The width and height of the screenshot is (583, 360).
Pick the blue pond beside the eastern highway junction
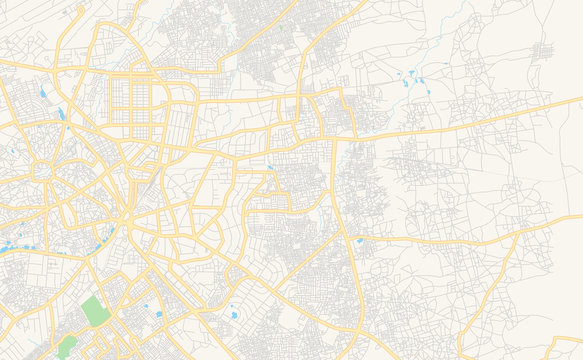pos(359,241)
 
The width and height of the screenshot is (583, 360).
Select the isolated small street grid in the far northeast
pos(545,51)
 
